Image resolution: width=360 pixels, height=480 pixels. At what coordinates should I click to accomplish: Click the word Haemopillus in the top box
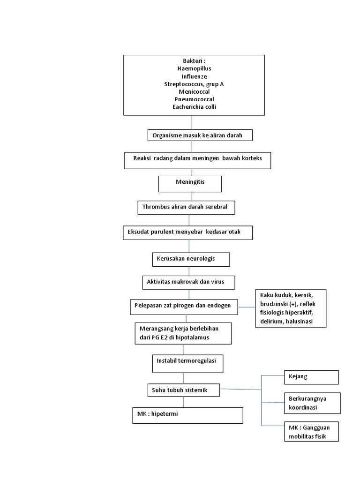click(x=194, y=68)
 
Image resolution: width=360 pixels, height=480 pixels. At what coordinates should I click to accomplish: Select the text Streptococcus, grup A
click(x=194, y=84)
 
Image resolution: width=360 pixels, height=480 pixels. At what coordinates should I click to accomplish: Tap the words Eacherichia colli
click(x=194, y=107)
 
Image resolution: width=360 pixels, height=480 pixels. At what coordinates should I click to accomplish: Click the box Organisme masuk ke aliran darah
click(x=201, y=135)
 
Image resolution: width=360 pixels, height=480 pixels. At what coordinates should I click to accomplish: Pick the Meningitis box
click(x=190, y=183)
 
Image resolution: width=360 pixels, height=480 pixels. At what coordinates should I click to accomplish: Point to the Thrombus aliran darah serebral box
click(x=186, y=208)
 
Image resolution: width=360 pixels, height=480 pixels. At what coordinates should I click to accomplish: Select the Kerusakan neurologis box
click(x=191, y=259)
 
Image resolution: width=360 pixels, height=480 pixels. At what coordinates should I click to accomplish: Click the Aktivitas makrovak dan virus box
click(x=188, y=283)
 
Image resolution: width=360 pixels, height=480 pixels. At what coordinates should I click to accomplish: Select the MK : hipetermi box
click(x=187, y=415)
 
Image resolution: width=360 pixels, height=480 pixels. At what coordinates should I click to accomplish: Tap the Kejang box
click(x=311, y=377)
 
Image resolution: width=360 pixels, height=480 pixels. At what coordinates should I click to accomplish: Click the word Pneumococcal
click(x=194, y=99)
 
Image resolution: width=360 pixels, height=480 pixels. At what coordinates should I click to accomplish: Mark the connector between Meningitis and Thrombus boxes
click(x=189, y=197)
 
